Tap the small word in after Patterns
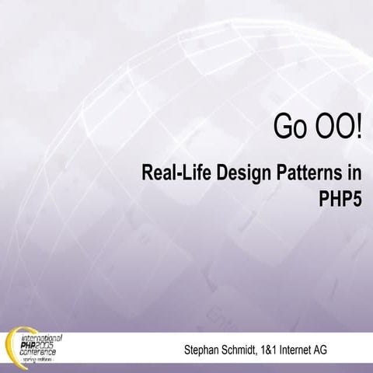pyautogui.click(x=354, y=172)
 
